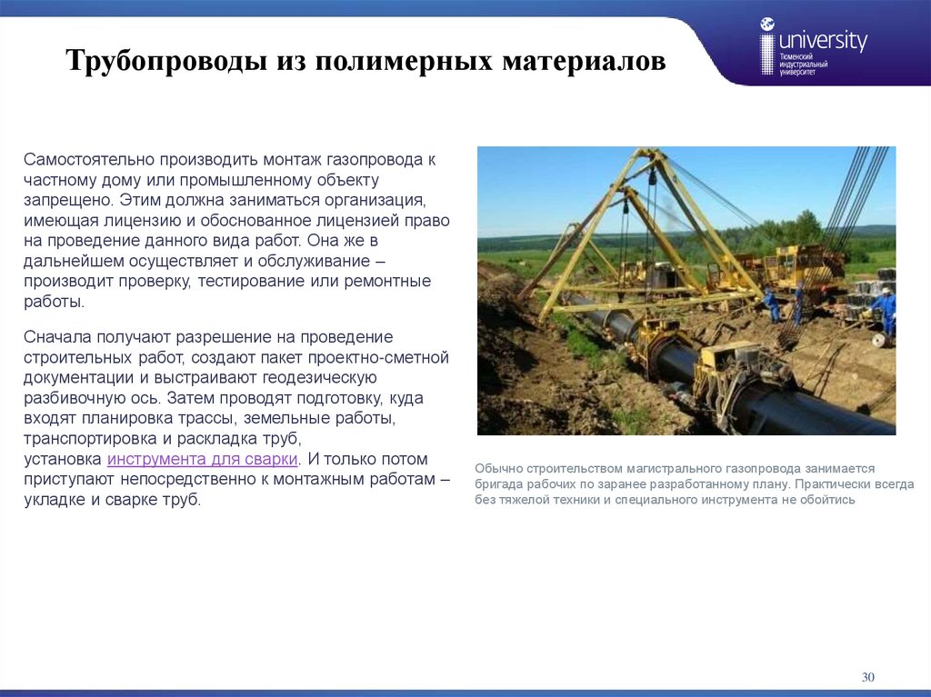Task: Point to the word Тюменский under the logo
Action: click(x=797, y=56)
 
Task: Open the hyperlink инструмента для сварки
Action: click(x=203, y=459)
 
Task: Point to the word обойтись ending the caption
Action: click(x=827, y=500)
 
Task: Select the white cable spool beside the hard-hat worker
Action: click(x=878, y=339)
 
